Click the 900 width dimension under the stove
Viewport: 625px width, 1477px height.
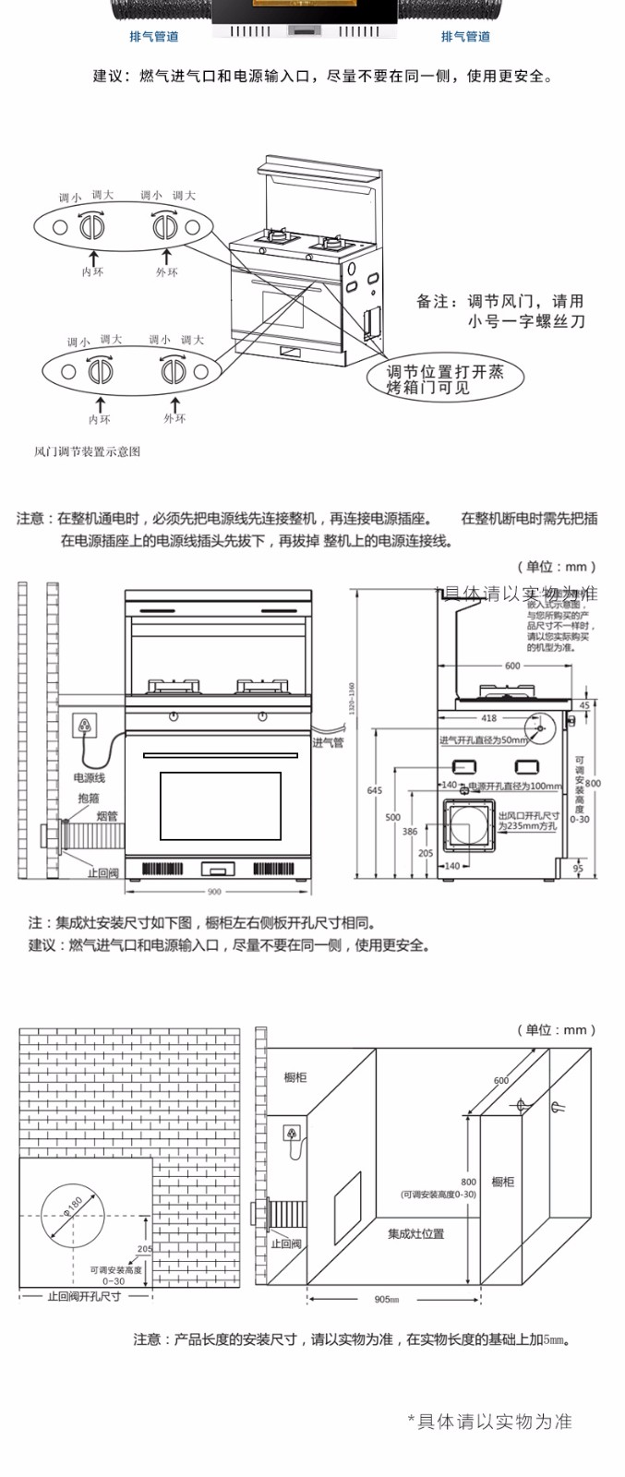(214, 892)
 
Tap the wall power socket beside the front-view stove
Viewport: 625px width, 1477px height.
(86, 725)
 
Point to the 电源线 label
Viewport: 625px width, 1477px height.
(90, 778)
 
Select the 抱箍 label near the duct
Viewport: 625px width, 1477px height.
(89, 798)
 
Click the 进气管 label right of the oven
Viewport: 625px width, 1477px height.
(327, 742)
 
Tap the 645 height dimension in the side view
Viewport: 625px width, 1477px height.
(374, 790)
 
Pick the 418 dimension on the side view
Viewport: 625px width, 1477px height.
(488, 717)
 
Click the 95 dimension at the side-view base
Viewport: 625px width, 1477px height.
(578, 868)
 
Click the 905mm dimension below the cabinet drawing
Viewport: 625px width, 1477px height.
(387, 1299)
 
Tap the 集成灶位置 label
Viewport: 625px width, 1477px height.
(415, 1233)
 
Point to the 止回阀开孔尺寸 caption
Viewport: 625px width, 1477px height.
(84, 1296)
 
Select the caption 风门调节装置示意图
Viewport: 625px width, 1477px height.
(87, 451)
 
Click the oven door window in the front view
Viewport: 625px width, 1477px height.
(220, 806)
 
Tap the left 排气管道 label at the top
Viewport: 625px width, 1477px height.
(153, 36)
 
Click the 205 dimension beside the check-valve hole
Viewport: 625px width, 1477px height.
(144, 1248)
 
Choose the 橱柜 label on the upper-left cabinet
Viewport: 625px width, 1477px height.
(295, 1077)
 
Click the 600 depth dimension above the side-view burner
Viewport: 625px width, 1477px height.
(512, 666)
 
